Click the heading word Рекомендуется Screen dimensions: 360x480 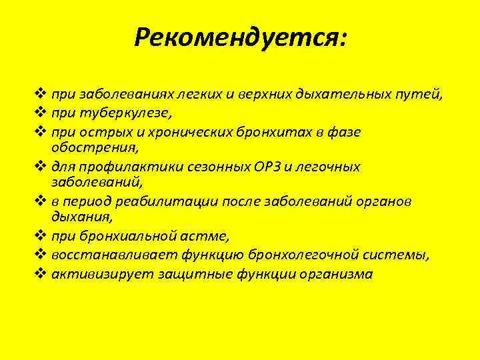[x=237, y=38]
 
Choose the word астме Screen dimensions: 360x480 [x=203, y=236]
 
